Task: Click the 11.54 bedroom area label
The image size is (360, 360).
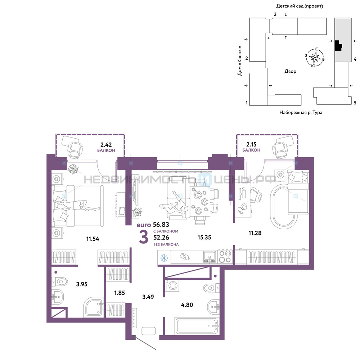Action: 93,239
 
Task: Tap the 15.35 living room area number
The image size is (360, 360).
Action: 204,237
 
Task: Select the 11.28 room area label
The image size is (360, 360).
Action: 255,233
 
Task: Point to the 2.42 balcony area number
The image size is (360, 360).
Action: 106,145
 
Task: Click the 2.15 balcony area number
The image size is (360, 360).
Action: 251,144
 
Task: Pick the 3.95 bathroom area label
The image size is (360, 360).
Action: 82,284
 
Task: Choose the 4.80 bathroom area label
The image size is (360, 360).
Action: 187,305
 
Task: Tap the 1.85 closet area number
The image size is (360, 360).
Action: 120,293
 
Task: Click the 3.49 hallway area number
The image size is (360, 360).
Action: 148,297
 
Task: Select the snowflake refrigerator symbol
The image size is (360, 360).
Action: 164,258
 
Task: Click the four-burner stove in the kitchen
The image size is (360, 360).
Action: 225,257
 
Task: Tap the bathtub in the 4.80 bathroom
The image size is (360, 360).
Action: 197,326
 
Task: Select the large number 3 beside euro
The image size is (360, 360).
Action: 144,237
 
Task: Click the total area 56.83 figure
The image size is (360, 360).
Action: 161,225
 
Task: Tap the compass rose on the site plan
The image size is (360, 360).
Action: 315,57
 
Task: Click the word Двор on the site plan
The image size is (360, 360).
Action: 290,71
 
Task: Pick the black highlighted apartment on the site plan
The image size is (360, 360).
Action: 338,46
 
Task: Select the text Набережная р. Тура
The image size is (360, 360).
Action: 301,112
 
